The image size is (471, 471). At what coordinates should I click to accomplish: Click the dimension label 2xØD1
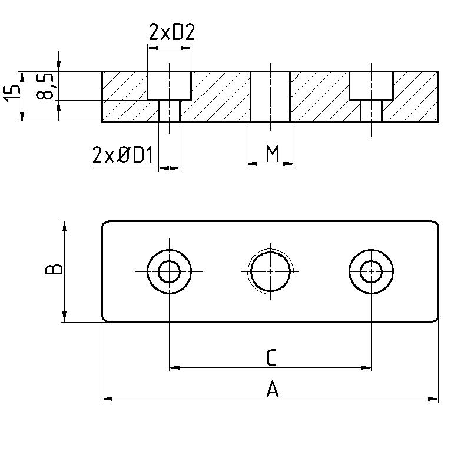click(x=122, y=155)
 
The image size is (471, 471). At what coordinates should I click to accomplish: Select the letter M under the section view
click(x=272, y=154)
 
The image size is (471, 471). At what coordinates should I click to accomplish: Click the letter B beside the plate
click(x=54, y=270)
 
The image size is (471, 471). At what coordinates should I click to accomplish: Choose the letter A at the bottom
click(x=271, y=389)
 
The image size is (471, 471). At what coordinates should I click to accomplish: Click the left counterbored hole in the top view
click(x=170, y=271)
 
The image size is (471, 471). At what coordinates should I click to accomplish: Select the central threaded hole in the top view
click(x=270, y=271)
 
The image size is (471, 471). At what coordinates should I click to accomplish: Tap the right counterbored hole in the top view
click(x=371, y=271)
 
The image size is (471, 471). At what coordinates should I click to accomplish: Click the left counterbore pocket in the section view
click(x=170, y=86)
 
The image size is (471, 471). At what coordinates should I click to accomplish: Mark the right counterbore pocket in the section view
click(x=371, y=86)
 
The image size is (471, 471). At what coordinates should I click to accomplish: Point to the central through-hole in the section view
click(x=270, y=97)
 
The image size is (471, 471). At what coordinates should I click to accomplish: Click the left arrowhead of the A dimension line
click(x=107, y=399)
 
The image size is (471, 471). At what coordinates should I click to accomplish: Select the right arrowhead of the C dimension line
click(x=367, y=367)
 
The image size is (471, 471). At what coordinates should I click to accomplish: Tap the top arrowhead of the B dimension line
click(x=64, y=225)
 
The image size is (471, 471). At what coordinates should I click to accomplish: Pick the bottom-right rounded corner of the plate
click(x=435, y=319)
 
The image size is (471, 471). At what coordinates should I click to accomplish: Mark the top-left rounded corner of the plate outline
click(x=105, y=224)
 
